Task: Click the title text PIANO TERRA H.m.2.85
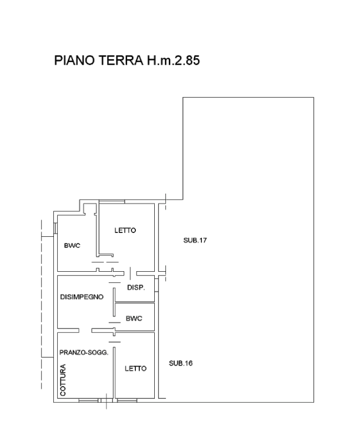(127, 60)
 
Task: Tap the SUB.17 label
(195, 240)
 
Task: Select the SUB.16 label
(181, 363)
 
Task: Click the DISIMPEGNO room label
(82, 297)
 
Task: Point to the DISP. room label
(136, 287)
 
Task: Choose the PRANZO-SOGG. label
(84, 353)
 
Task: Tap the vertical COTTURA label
(63, 380)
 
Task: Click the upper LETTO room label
(125, 230)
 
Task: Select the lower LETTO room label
(135, 369)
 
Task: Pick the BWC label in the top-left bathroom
(72, 246)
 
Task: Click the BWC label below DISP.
(134, 318)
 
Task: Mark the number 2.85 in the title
(187, 60)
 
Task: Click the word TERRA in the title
(120, 60)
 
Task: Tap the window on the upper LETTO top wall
(111, 201)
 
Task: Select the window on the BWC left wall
(55, 228)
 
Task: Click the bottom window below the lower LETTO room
(127, 400)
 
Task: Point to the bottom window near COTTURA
(89, 400)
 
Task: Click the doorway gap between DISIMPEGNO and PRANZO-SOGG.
(85, 331)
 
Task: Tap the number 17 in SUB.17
(202, 240)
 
